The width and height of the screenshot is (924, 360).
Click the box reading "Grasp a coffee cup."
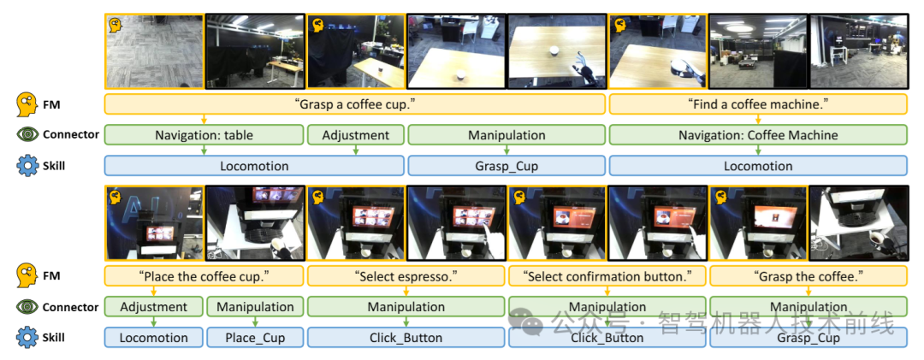pyautogui.click(x=355, y=104)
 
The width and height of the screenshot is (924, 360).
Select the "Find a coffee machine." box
pyautogui.click(x=758, y=104)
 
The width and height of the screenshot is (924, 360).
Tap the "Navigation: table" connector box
pyautogui.click(x=204, y=135)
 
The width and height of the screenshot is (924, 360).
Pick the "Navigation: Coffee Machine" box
pyautogui.click(x=758, y=135)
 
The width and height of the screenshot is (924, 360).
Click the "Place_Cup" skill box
pyautogui.click(x=255, y=338)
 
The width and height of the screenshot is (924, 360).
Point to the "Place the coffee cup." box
pyautogui.click(x=204, y=275)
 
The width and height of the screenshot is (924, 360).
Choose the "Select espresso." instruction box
pyautogui.click(x=406, y=275)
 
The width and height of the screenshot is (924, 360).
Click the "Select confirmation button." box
pyautogui.click(x=607, y=275)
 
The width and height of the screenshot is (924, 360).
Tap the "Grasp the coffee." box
pyautogui.click(x=808, y=275)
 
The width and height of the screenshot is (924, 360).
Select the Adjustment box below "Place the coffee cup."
pyautogui.click(x=154, y=307)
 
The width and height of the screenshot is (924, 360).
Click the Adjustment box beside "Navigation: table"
pyautogui.click(x=356, y=135)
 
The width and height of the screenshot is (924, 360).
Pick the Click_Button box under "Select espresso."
pyautogui.click(x=406, y=338)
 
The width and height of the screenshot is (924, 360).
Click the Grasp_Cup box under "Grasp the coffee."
pyautogui.click(x=808, y=338)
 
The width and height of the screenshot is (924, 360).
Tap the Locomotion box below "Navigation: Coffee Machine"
pyautogui.click(x=758, y=166)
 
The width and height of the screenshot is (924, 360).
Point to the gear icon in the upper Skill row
pyautogui.click(x=27, y=166)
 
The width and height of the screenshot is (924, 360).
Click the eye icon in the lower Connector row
pyautogui.click(x=27, y=307)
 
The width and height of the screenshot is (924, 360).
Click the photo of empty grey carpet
pyautogui.click(x=154, y=51)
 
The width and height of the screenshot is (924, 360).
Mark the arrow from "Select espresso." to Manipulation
pyautogui.click(x=406, y=292)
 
